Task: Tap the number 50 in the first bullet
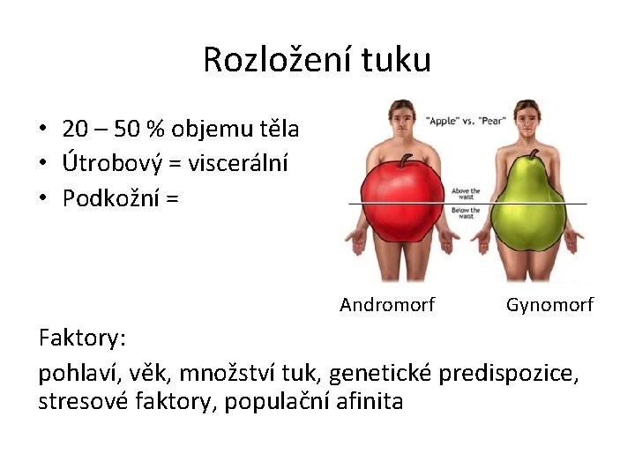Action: pos(125,130)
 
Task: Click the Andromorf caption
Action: pos(387,305)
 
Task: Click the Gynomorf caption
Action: pos(549,305)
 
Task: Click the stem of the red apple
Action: pos(407,159)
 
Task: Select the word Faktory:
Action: pos(83,338)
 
